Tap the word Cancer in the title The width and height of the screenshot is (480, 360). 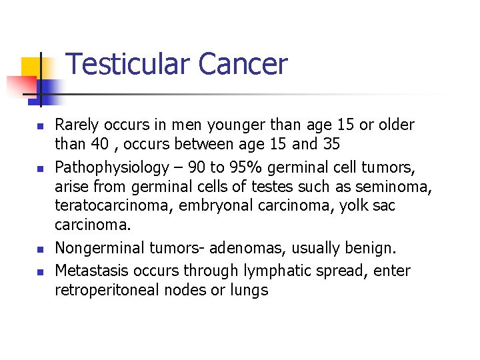click(243, 65)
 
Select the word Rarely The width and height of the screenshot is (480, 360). click(75, 125)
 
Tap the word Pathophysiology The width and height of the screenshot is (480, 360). click(111, 167)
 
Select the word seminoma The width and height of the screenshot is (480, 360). click(395, 186)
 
